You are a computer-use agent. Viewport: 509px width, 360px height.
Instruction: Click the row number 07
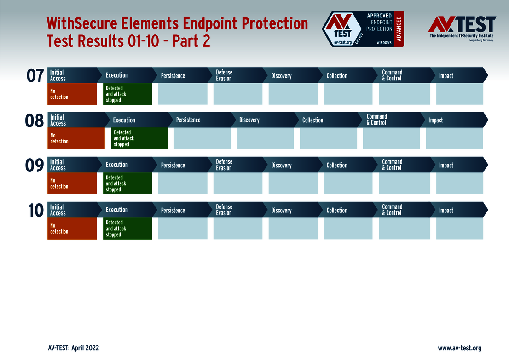[x=35, y=76]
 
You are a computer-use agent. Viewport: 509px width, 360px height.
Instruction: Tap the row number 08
[x=35, y=120]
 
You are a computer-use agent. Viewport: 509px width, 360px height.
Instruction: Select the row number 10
[x=36, y=210]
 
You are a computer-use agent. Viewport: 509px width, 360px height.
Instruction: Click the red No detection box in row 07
[x=72, y=94]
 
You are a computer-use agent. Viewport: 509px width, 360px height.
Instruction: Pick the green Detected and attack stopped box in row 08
[x=139, y=138]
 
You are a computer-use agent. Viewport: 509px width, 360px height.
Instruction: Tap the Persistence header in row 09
[x=173, y=165]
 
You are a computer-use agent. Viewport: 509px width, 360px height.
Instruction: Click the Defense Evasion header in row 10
[x=224, y=210]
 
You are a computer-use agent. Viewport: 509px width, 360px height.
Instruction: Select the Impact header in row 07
[x=446, y=76]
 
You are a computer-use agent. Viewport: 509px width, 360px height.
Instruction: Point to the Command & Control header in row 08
[x=377, y=120]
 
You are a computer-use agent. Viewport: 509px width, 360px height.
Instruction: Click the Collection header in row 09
[x=337, y=165]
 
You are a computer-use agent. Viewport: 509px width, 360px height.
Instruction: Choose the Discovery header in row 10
[x=281, y=211]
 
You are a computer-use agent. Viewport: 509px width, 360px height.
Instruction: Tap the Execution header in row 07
[x=117, y=75]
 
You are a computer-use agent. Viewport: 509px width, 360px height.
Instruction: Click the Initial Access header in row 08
[x=58, y=120]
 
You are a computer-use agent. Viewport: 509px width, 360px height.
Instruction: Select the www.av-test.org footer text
[x=459, y=348]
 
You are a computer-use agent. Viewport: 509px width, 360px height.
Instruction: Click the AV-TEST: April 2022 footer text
[x=73, y=348]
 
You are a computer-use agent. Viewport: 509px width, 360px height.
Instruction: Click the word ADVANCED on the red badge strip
[x=399, y=29]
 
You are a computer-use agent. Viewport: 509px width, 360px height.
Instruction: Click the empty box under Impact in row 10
[x=459, y=229]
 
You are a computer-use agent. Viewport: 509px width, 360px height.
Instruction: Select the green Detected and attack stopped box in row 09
[x=127, y=183]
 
